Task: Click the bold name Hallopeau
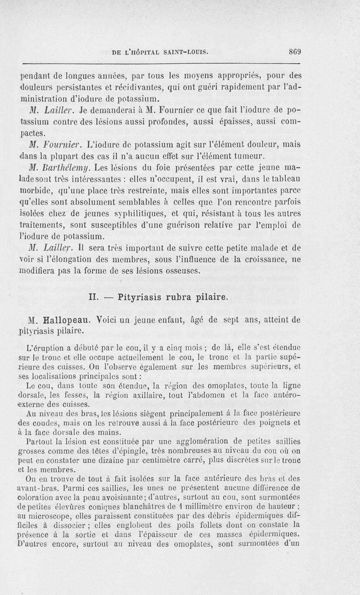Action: pyautogui.click(x=64, y=321)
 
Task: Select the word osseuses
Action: pyautogui.click(x=179, y=272)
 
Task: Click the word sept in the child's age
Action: pyautogui.click(x=247, y=321)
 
